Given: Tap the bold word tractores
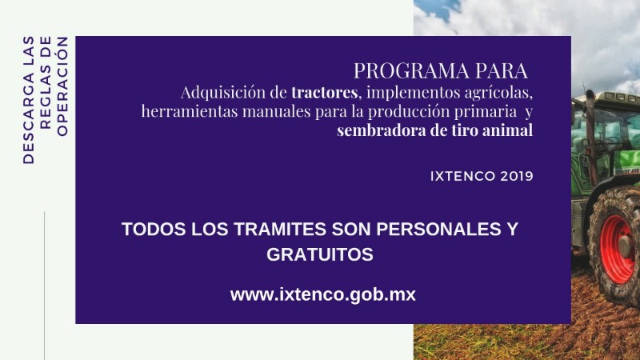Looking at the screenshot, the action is (325, 92).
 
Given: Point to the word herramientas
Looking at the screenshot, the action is (190, 111).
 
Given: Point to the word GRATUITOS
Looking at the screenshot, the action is (320, 254).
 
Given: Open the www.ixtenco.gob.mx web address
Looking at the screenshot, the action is (323, 294).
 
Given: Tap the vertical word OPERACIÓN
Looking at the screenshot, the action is (62, 86).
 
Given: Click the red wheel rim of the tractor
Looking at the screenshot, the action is (617, 250).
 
